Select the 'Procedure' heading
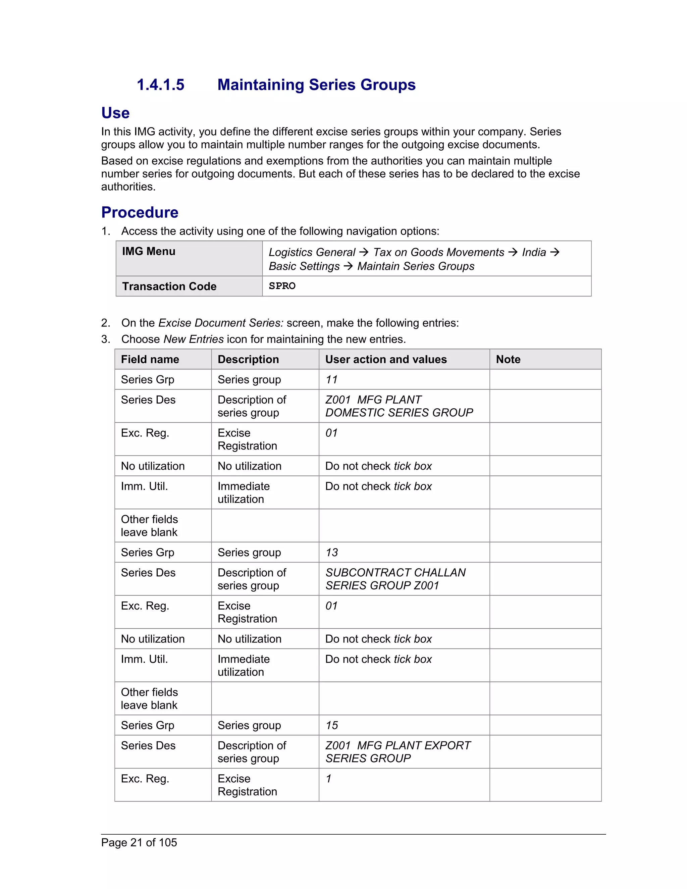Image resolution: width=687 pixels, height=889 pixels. point(140,212)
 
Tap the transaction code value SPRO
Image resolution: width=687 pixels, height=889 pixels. point(282,286)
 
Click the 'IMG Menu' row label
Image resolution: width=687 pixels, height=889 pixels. point(149,251)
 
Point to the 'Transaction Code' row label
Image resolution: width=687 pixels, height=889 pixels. point(169,286)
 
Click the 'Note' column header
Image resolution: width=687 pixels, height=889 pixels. point(508,359)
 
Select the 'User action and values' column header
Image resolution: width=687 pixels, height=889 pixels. point(385,359)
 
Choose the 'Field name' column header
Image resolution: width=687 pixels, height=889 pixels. point(150,359)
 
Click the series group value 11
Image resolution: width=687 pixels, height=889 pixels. point(331,379)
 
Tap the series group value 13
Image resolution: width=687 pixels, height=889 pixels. point(331,553)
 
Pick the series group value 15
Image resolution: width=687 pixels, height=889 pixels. point(331,725)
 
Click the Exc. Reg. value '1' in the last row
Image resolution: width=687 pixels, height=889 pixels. point(328,778)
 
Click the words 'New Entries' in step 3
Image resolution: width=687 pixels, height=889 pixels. point(193,339)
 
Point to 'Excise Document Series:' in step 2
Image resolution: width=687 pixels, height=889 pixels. point(221,323)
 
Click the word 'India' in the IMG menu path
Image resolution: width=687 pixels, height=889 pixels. point(534,252)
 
